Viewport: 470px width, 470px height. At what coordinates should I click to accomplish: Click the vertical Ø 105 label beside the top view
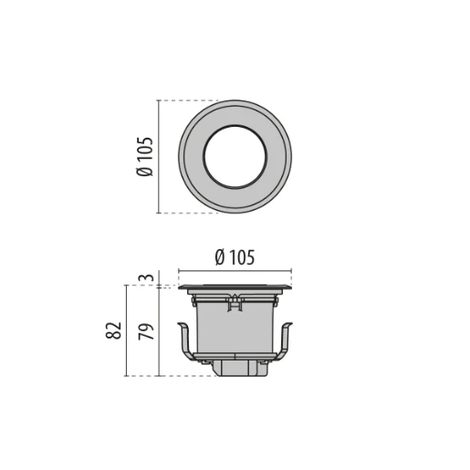click(145, 156)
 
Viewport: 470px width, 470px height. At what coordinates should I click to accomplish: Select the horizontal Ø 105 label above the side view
click(235, 258)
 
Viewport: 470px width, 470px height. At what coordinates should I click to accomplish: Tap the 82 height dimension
click(113, 330)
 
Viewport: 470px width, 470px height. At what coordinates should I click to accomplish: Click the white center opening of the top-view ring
click(235, 156)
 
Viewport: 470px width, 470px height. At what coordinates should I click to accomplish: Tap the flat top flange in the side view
click(235, 288)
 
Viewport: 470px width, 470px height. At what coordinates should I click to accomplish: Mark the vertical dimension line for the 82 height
click(125, 330)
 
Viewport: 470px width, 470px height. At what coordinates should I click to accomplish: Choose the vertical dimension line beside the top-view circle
click(160, 156)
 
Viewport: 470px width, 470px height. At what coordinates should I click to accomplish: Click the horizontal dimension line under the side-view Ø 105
click(235, 271)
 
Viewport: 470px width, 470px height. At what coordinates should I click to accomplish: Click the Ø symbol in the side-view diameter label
click(220, 258)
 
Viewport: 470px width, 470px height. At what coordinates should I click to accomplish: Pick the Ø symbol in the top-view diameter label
click(145, 171)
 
